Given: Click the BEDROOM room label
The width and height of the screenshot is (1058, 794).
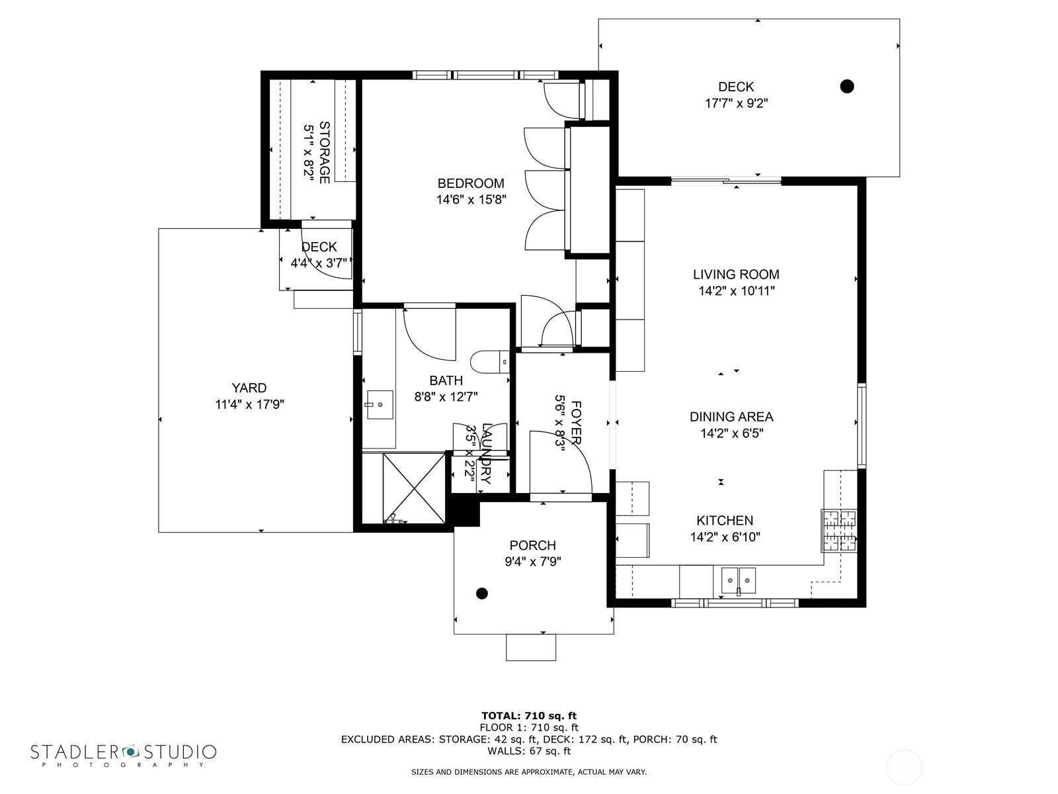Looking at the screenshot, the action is (470, 183).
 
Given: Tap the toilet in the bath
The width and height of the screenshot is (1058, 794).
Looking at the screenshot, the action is (489, 361).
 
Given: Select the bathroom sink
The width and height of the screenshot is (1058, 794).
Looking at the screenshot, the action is (380, 404).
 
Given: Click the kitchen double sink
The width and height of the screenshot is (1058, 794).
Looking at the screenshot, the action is (738, 580).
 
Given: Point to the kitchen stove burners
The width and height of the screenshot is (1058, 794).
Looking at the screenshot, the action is (839, 531).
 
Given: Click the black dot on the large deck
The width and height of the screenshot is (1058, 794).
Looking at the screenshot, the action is (847, 86).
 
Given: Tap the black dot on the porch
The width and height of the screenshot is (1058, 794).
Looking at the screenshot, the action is (481, 594).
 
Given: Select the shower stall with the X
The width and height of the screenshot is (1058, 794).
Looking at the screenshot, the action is (414, 488).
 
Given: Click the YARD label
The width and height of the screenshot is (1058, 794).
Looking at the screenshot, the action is (249, 388).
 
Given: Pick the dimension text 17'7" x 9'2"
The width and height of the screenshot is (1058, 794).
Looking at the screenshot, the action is (736, 103).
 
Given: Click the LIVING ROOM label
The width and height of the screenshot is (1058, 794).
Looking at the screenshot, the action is (736, 275).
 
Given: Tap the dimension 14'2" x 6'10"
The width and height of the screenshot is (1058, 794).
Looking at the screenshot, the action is (725, 537).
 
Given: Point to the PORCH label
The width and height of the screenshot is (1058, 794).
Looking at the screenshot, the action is (532, 545).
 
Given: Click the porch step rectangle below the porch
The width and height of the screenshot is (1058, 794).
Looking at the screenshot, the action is (531, 647).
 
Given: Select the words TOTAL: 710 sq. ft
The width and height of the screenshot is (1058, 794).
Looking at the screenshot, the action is (529, 716).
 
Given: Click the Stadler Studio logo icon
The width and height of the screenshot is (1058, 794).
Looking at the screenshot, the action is (130, 752).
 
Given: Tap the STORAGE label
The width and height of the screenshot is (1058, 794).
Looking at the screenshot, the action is (325, 152).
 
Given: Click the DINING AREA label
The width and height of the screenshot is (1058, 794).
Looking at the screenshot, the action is (731, 417).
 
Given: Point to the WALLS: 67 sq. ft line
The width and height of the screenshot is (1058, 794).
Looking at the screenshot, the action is (529, 750).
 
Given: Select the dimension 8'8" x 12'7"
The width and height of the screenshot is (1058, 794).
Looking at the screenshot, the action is (446, 397).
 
